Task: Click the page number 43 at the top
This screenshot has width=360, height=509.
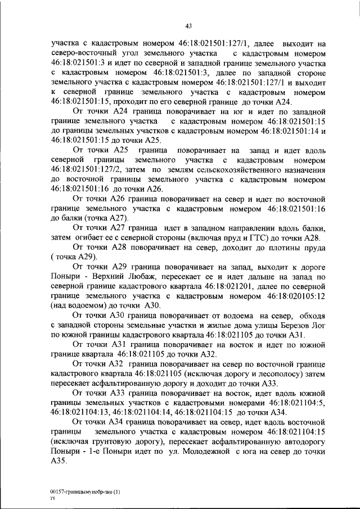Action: click(188, 24)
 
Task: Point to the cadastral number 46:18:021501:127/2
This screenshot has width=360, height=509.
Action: click(89, 169)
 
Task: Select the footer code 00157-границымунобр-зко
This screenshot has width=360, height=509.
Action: click(82, 492)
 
